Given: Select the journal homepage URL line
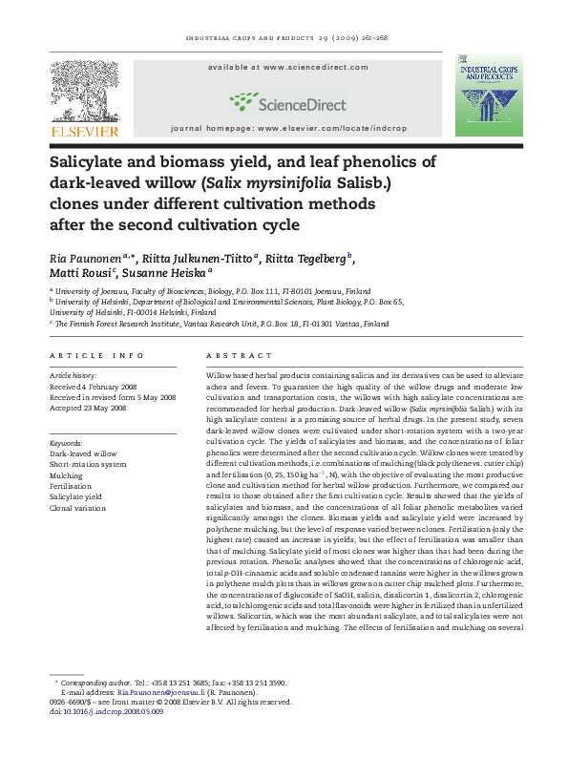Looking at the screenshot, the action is tap(297, 127).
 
